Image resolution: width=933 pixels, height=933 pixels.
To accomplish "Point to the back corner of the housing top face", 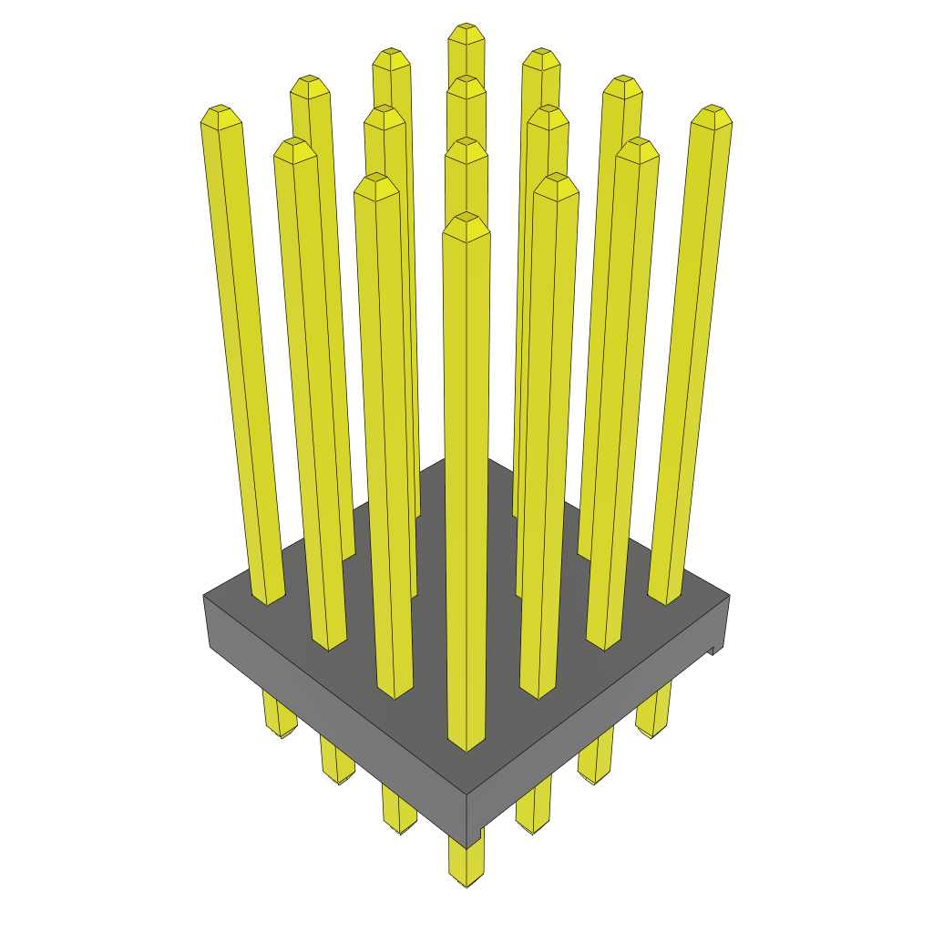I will tap(466, 459).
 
